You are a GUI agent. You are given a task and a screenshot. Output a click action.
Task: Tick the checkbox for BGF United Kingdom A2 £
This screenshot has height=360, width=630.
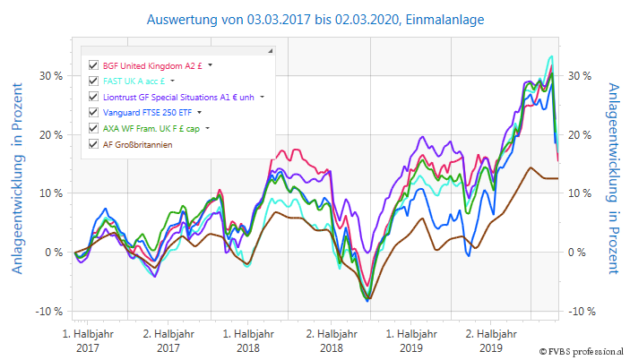(93, 65)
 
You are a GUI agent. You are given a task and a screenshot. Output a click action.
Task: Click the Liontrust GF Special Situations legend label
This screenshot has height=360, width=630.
(179, 97)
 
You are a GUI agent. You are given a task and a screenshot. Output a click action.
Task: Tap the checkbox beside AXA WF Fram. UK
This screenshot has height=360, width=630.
(93, 128)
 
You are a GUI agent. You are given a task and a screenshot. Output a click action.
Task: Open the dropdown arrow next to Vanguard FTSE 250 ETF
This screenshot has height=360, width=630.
(200, 113)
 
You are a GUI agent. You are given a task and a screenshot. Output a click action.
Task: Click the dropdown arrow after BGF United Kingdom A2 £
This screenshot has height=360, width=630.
(211, 65)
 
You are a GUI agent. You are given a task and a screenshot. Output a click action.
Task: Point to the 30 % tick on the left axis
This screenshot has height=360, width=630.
(49, 75)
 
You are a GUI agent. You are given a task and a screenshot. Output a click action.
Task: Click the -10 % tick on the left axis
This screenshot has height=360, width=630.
(47, 312)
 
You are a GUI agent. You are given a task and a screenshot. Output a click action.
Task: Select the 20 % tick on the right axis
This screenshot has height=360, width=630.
(579, 134)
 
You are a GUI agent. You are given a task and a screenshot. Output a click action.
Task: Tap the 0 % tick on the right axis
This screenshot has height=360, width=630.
(576, 253)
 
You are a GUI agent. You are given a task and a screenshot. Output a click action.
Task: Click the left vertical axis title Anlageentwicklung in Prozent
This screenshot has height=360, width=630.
(16, 179)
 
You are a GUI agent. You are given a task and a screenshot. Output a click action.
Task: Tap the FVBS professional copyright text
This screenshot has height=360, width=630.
(583, 351)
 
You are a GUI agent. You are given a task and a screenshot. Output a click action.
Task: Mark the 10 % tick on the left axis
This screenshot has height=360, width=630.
(49, 193)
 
